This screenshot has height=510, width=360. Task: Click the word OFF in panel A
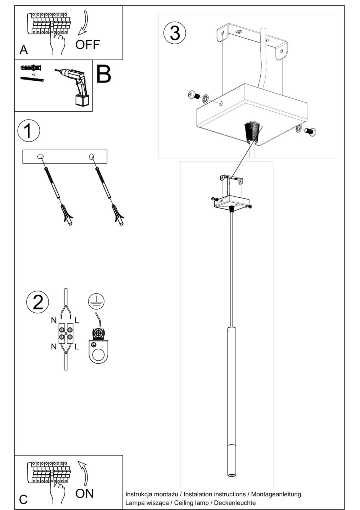(x=87, y=45)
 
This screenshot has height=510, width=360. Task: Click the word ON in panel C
(x=85, y=493)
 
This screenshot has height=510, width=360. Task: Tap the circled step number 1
(x=29, y=131)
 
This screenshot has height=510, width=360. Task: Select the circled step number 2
(x=37, y=303)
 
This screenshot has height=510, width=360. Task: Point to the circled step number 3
(x=175, y=33)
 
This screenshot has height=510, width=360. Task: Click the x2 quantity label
(x=33, y=74)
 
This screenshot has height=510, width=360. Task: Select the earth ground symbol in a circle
(x=96, y=301)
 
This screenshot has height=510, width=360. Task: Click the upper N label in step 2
(x=54, y=321)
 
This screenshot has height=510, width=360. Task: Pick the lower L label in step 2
(x=77, y=347)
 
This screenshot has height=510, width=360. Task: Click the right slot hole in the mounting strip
(x=92, y=156)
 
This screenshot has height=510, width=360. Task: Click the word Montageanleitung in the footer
(x=276, y=494)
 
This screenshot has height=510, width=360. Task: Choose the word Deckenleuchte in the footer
(x=235, y=503)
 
